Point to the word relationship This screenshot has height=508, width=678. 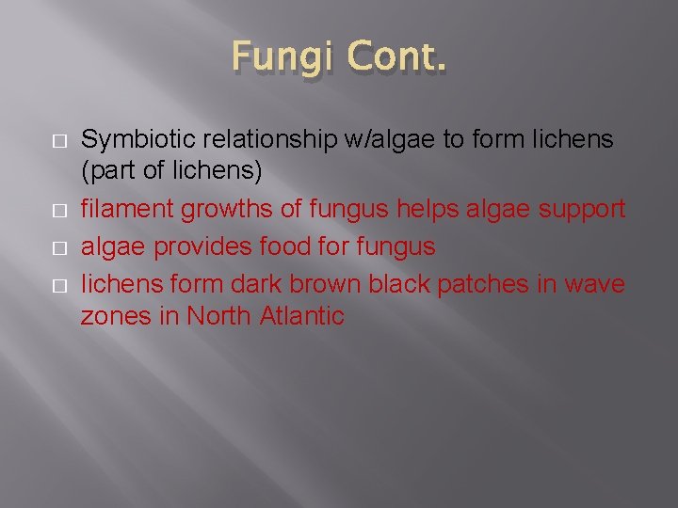(x=273, y=140)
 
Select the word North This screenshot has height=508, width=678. (x=218, y=316)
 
